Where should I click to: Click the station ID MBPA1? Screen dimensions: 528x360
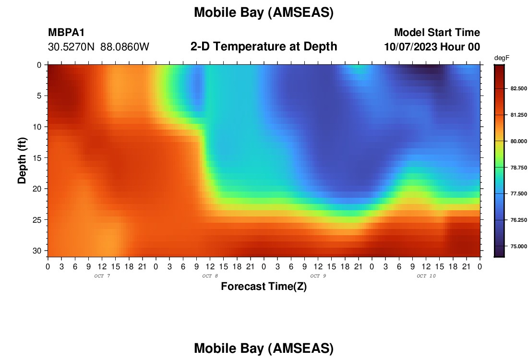pyautogui.click(x=66, y=32)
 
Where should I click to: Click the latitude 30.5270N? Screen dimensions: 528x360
pyautogui.click(x=72, y=47)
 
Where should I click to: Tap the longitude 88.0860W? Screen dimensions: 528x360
pyautogui.click(x=125, y=47)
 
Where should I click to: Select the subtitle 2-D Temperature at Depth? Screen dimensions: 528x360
pyautogui.click(x=264, y=47)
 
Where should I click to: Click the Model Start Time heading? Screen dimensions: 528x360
pyautogui.click(x=437, y=32)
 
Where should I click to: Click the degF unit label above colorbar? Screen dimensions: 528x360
pyautogui.click(x=502, y=58)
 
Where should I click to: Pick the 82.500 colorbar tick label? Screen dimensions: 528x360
pyautogui.click(x=518, y=89)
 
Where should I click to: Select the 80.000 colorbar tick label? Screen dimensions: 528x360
pyautogui.click(x=518, y=142)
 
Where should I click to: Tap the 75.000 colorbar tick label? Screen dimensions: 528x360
pyautogui.click(x=518, y=247)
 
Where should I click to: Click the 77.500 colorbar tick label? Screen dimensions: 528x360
pyautogui.click(x=518, y=193)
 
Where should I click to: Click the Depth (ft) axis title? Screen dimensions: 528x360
pyautogui.click(x=22, y=160)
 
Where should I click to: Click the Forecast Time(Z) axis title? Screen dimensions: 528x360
pyautogui.click(x=264, y=287)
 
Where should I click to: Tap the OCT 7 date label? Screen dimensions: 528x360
pyautogui.click(x=102, y=276)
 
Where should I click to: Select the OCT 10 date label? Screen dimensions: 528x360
pyautogui.click(x=426, y=276)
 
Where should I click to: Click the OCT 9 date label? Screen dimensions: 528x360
pyautogui.click(x=318, y=276)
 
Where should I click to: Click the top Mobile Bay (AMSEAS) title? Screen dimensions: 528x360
pyautogui.click(x=264, y=13)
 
